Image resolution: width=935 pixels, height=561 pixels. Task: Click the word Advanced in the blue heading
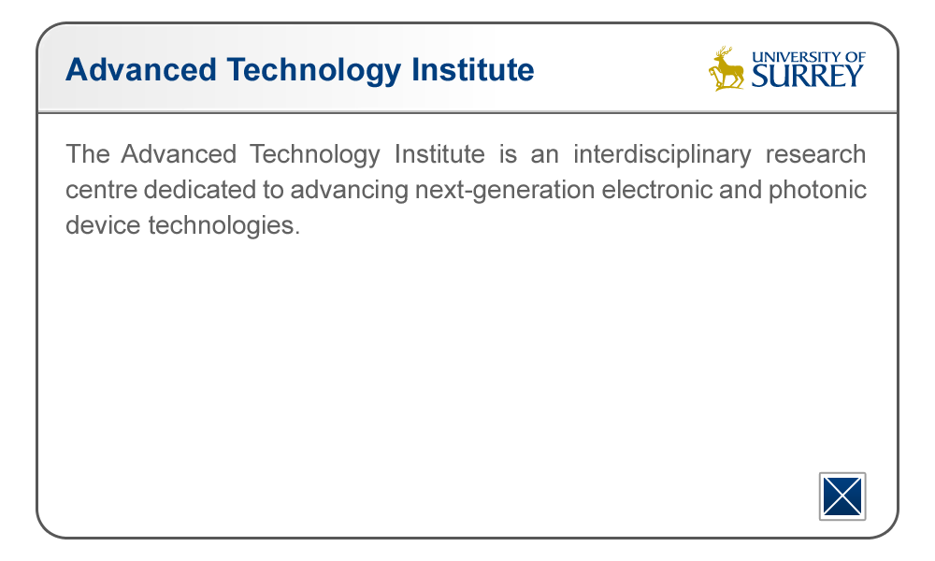[x=141, y=69]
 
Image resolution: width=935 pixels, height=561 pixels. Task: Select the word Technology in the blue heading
[x=313, y=71]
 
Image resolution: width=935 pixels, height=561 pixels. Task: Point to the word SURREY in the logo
[x=808, y=76]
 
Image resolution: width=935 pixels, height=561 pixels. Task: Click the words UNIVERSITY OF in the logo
[x=809, y=57]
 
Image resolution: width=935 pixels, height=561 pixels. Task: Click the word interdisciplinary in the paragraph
[x=662, y=154]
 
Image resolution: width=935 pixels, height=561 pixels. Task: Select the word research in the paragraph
[x=815, y=154]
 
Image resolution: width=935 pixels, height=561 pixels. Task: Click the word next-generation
[x=505, y=191]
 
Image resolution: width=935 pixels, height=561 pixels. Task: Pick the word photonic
[x=817, y=191]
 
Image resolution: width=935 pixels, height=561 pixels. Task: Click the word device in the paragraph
[x=103, y=225]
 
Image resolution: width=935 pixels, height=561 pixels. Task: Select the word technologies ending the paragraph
[x=223, y=226]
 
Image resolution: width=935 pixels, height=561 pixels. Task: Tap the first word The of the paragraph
[x=88, y=154]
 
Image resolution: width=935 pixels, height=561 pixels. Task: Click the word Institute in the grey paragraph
[x=439, y=154]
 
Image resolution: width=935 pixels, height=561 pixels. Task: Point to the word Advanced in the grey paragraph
[x=179, y=154]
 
